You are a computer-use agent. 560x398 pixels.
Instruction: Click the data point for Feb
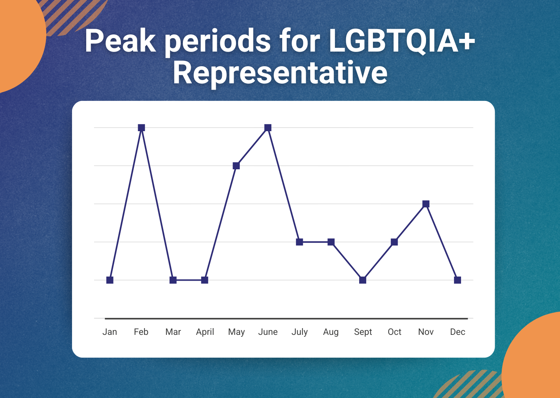point(141,128)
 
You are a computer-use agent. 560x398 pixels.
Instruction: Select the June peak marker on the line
point(268,128)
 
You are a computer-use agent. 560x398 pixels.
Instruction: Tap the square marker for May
point(236,166)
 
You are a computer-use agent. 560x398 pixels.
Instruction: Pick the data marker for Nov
point(426,204)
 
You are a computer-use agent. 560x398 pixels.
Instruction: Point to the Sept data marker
point(363,280)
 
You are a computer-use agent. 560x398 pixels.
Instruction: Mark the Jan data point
point(110,280)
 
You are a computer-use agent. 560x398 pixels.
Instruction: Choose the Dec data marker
point(457,280)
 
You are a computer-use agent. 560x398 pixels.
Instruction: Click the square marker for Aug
point(331,242)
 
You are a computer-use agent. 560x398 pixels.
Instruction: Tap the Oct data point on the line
point(394,242)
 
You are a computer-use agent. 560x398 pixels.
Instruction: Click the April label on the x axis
point(205,332)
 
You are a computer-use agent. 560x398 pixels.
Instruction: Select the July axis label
point(299,332)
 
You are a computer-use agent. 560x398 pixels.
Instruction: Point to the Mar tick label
point(173,332)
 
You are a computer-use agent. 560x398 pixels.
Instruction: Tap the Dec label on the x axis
point(457,332)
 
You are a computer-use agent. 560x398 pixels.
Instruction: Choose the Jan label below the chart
point(109,332)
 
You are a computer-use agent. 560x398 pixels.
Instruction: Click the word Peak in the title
point(121,41)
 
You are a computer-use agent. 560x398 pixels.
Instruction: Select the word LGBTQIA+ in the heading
point(402,41)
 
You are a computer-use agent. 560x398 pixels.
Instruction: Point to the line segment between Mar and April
point(189,280)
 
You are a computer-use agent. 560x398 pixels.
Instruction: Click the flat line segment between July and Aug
point(315,242)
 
